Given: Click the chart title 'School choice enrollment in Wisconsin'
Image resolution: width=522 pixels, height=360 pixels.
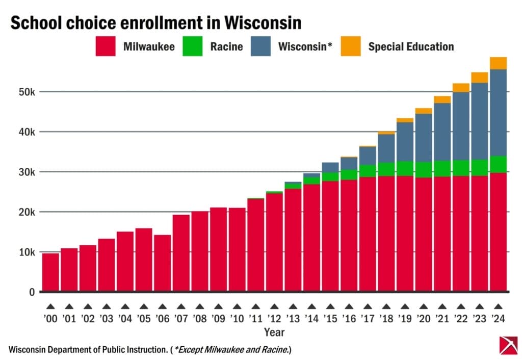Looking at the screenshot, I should coord(155,23).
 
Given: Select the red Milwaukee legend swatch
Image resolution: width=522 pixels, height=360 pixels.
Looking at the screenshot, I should coord(106,47).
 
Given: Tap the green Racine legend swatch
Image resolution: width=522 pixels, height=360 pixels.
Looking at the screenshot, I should coord(193,47).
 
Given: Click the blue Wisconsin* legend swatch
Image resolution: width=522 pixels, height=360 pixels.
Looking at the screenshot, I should coord(260,47).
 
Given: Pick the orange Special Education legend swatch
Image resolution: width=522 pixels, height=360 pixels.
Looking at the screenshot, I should coord(351,47).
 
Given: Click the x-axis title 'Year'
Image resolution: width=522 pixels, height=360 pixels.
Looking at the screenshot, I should coord(274,332).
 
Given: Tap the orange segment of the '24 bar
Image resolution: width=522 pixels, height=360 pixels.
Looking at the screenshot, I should coord(498,63).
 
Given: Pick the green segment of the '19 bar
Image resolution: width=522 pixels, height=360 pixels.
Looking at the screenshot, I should coord(404,168).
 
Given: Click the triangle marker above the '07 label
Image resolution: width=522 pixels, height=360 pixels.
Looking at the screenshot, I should coord(180,306).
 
